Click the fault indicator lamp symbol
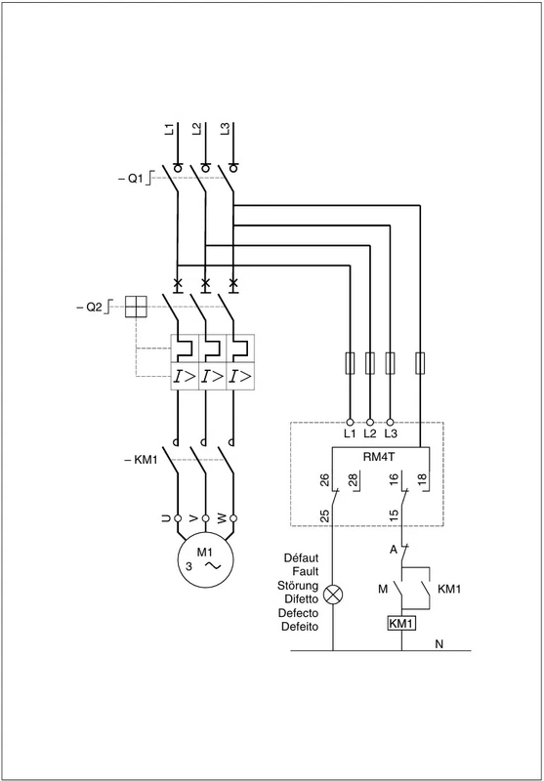(x=332, y=595)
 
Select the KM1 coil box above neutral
(x=401, y=623)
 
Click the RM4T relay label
(x=382, y=456)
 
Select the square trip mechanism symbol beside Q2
(x=136, y=307)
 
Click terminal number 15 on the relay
(x=394, y=515)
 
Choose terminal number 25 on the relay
(x=324, y=515)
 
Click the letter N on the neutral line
(x=439, y=644)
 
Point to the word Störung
(x=298, y=585)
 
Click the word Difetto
(x=302, y=598)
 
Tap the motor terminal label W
(x=222, y=518)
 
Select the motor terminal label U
(x=166, y=518)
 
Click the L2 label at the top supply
(x=196, y=129)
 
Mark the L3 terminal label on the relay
(x=391, y=433)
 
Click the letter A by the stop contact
(x=393, y=550)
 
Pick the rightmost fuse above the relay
(x=420, y=363)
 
